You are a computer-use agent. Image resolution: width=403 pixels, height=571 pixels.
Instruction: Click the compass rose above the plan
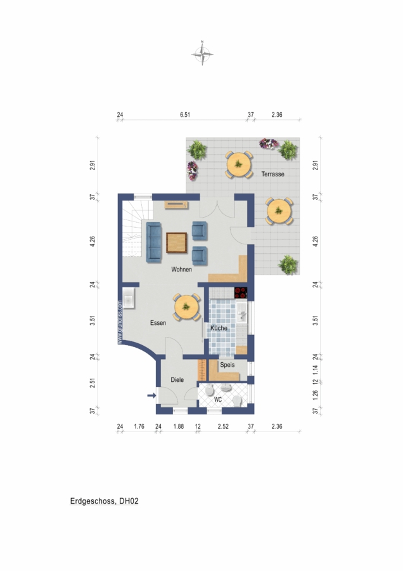202,54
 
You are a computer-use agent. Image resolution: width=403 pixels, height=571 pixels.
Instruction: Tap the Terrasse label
273,174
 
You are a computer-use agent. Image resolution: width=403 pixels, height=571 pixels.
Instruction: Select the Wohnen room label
181,270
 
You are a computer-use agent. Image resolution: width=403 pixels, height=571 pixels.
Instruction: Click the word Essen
158,323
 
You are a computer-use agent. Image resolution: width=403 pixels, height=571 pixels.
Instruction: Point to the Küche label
219,328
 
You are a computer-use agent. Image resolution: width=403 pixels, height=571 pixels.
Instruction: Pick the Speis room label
227,365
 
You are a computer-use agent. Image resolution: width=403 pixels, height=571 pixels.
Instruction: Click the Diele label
177,380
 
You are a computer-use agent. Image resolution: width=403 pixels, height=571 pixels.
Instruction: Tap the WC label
218,400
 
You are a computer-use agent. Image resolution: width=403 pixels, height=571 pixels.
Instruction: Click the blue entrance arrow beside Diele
151,395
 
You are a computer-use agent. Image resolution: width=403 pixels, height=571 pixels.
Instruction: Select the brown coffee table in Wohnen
177,242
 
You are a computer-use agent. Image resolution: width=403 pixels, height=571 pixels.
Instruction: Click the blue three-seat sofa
154,242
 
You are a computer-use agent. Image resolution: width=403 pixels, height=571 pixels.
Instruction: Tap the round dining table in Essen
186,307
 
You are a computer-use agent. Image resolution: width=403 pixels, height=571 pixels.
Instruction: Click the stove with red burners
241,292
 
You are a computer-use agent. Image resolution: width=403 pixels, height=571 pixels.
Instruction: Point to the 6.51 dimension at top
185,115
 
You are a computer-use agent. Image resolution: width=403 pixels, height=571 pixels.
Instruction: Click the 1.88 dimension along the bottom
178,426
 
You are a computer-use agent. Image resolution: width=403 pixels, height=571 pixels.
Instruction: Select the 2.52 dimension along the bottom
223,426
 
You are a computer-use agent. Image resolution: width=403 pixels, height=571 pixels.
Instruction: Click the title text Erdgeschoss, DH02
105,501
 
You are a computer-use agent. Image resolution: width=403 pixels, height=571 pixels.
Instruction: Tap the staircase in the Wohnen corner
132,228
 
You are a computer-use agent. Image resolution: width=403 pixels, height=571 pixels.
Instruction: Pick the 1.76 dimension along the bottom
139,426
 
